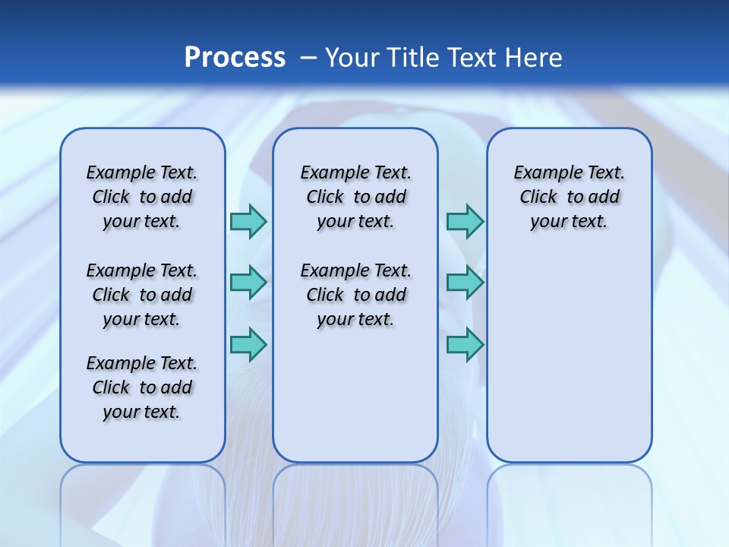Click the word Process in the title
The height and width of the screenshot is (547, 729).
tap(235, 58)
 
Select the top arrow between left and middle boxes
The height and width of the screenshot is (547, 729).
tap(248, 221)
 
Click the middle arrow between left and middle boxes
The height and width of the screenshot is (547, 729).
tap(248, 283)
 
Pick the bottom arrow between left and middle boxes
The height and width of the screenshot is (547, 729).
tap(248, 344)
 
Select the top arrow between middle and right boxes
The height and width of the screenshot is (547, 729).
tap(465, 221)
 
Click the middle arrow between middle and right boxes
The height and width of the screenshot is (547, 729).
tap(465, 283)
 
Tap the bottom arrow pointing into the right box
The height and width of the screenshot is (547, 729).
tap(465, 344)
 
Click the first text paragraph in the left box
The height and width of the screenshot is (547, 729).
tap(142, 197)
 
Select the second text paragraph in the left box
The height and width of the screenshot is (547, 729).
tap(142, 295)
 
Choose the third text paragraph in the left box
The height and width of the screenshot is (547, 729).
tap(142, 387)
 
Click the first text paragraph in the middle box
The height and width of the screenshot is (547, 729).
tap(355, 197)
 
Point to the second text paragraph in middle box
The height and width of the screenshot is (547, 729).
tap(355, 295)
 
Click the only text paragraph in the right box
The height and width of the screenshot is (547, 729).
tap(569, 197)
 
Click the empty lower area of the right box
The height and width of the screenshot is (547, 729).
tap(569, 357)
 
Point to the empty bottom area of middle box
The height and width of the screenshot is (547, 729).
tap(355, 403)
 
